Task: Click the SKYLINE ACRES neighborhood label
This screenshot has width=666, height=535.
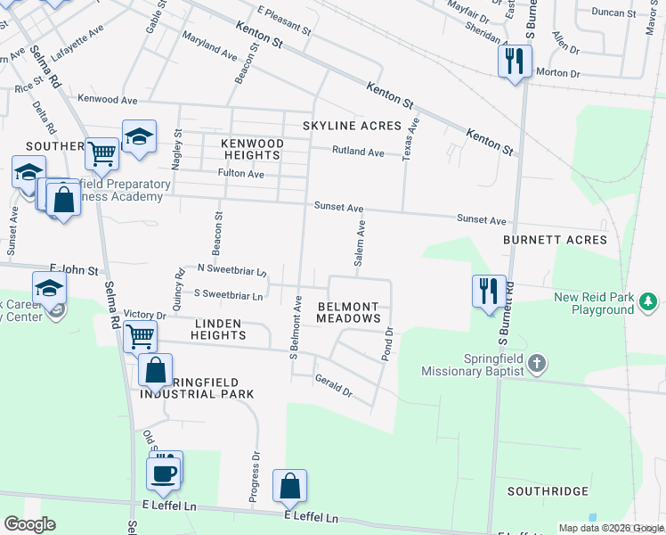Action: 352,126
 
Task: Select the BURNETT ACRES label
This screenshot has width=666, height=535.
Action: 555,240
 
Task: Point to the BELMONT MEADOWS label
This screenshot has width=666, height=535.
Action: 349,311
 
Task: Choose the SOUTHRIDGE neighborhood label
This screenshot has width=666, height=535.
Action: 548,491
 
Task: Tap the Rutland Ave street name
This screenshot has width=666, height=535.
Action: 358,152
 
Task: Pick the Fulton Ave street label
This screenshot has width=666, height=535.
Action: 241,174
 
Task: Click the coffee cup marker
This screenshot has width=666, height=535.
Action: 162,473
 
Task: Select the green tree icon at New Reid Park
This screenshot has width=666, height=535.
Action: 648,303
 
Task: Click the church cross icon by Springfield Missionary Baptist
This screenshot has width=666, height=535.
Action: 535,363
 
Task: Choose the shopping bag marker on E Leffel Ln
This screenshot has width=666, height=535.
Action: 289,486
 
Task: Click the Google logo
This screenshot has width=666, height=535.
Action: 29,525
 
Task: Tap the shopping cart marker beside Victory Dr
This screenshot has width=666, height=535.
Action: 140,337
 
